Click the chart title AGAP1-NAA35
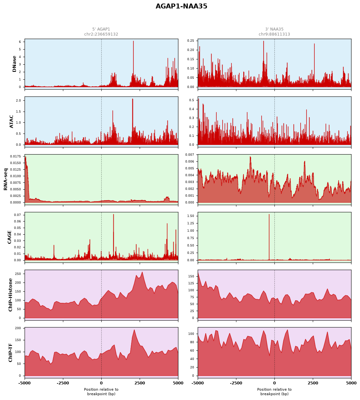[181, 6]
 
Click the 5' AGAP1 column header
[101, 29]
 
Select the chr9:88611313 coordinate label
[274, 34]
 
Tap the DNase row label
[14, 64]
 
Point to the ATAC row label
[11, 122]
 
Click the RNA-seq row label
[5, 179]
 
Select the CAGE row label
[10, 237]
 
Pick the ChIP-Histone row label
[10, 295]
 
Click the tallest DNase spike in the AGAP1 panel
[133, 41]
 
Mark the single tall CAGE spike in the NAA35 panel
[269, 215]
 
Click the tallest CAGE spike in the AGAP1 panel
[113, 215]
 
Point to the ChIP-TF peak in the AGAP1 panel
[134, 330]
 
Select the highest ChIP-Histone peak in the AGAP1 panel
[142, 272]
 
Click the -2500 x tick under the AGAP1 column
[63, 383]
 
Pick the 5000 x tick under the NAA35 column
[351, 383]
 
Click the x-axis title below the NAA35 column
[274, 391]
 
